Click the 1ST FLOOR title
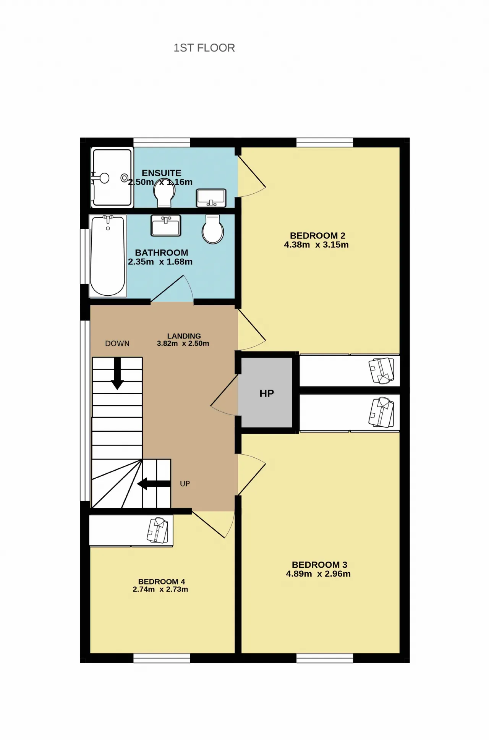point(204,48)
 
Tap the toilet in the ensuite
point(164,193)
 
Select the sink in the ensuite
point(211,198)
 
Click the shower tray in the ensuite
point(112,178)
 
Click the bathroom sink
point(166,225)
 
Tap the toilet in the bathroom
point(213,229)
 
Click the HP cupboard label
point(267,393)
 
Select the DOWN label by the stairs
point(117,343)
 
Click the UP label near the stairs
point(185,484)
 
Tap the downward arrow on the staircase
point(117,374)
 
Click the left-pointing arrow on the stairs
point(154,484)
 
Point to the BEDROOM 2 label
point(317,236)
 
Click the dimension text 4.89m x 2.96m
point(318,574)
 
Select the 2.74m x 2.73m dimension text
point(160,589)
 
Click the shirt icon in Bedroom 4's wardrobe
point(158,530)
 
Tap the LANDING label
point(184,336)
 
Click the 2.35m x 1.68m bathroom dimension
point(160,262)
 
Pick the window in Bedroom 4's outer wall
point(162,658)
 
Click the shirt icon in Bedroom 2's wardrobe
point(381,371)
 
